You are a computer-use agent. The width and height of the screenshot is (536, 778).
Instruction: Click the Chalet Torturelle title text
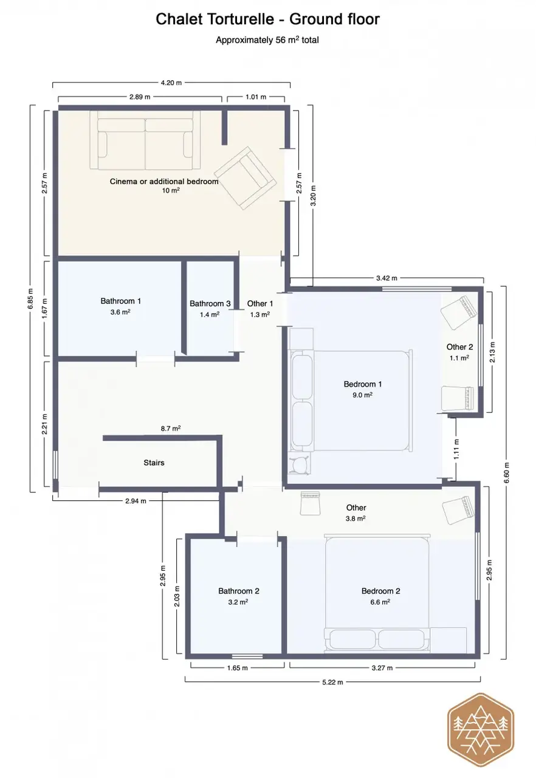click(267, 19)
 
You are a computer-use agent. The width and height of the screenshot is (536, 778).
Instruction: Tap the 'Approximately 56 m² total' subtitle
click(267, 40)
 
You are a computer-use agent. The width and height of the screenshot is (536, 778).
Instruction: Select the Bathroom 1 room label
click(121, 301)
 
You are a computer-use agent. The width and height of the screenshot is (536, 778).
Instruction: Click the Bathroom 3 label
click(210, 303)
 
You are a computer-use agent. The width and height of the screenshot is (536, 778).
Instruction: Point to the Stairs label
click(154, 463)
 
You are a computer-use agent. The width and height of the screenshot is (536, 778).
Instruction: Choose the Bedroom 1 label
click(363, 384)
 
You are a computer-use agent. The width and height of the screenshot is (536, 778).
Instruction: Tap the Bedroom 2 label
click(381, 591)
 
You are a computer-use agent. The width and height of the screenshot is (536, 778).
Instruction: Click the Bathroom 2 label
click(239, 591)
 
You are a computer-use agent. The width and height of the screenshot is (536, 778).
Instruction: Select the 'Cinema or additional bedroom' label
click(164, 181)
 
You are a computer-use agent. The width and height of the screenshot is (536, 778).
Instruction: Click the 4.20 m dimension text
click(171, 83)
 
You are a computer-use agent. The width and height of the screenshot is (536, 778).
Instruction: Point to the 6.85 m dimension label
click(30, 298)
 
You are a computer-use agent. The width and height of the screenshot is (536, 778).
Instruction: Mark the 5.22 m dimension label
click(332, 682)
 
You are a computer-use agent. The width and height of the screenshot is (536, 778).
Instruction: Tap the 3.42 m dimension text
click(387, 278)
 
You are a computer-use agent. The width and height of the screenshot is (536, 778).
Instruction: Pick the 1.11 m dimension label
click(456, 449)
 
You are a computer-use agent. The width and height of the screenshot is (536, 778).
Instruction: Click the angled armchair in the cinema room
click(246, 178)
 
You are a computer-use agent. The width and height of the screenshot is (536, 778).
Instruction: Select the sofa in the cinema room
click(145, 140)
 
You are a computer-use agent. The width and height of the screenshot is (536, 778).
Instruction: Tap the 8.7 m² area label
click(170, 429)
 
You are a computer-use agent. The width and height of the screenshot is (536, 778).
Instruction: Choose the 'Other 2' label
click(459, 346)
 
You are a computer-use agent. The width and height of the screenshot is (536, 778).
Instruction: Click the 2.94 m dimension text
click(136, 501)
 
